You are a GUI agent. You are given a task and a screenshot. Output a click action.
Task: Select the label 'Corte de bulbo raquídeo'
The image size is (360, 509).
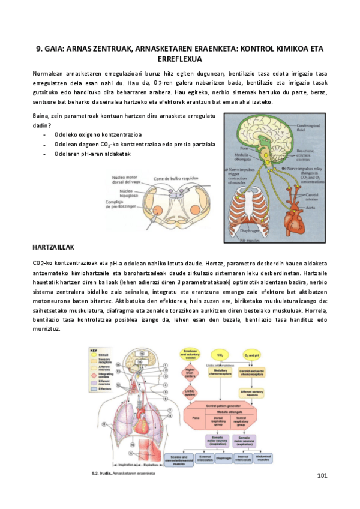tap(176, 179)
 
